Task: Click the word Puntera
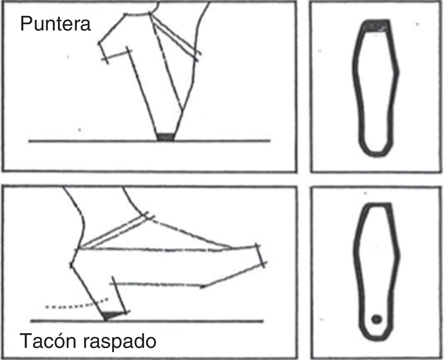(55, 24)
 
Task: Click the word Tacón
(48, 341)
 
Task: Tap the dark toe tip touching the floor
(165, 137)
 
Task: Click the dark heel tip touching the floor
(112, 315)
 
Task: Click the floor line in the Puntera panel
(149, 141)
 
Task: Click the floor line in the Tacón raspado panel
(147, 321)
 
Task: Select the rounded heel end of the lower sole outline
(376, 339)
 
